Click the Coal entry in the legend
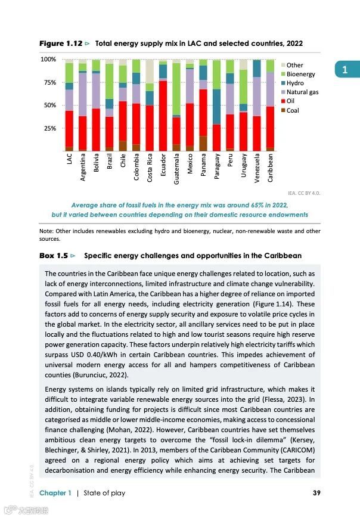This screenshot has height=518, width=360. pyautogui.click(x=292, y=110)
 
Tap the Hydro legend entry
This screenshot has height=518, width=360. pyautogui.click(x=294, y=83)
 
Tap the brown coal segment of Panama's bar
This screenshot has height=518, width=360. pyautogui.click(x=203, y=143)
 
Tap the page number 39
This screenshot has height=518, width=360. pyautogui.click(x=316, y=493)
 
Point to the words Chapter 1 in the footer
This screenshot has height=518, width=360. pyautogui.click(x=55, y=493)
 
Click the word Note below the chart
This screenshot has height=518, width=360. pyautogui.click(x=46, y=231)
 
